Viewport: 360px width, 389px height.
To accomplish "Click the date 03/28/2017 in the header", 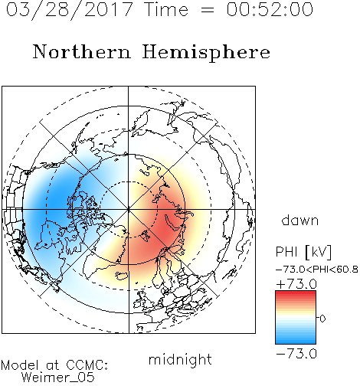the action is [x=69, y=10].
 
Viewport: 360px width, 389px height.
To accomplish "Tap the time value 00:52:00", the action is [x=270, y=9].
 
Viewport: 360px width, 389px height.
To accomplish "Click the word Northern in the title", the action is [x=82, y=52].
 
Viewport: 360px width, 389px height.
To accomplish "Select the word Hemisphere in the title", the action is [x=206, y=53].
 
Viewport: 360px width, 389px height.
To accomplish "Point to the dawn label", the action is [x=300, y=220].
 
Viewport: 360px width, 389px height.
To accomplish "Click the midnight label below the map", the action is [x=180, y=359].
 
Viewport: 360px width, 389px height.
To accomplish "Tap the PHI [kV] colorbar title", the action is [x=303, y=252].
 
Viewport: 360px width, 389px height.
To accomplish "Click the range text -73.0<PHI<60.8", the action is [x=317, y=270].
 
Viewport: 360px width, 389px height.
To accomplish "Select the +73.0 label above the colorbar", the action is [x=296, y=284].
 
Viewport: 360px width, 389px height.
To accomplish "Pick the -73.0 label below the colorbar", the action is [x=296, y=354].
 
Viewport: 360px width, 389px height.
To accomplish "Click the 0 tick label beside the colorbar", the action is [x=322, y=319].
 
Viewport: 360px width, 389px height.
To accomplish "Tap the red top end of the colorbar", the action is [x=296, y=293].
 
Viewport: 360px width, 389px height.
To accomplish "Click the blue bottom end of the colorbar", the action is [x=296, y=342].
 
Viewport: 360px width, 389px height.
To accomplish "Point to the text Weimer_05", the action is [x=58, y=378].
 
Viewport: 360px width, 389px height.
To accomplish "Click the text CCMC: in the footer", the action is [x=87, y=365].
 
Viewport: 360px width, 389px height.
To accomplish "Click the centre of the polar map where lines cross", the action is [x=129, y=209].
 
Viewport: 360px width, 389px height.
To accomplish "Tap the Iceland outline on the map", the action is [x=122, y=276].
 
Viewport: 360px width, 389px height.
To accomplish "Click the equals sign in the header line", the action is [x=208, y=10].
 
